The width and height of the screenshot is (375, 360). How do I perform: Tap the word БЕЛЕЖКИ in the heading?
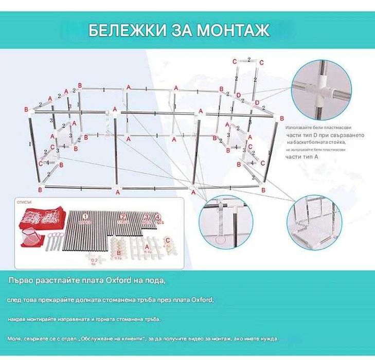[120, 30]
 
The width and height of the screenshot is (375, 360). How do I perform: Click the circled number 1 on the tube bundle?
[86, 217]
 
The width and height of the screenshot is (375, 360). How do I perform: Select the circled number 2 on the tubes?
[123, 217]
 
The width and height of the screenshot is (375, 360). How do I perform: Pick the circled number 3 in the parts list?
[146, 217]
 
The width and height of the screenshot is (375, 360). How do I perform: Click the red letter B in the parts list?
[119, 254]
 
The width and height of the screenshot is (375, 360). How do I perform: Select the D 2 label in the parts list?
[94, 262]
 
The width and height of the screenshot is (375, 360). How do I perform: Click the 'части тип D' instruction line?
[317, 134]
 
